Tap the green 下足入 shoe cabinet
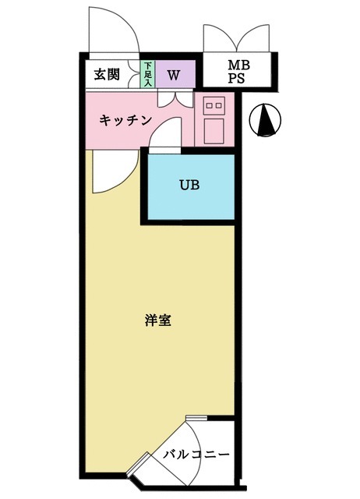tap(146, 75)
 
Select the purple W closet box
tap(174, 76)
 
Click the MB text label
tap(238, 65)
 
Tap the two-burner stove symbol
tap(214, 104)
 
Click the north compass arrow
tap(266, 120)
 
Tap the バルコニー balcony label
tap(196, 454)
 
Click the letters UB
tap(189, 186)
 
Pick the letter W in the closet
tap(174, 76)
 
